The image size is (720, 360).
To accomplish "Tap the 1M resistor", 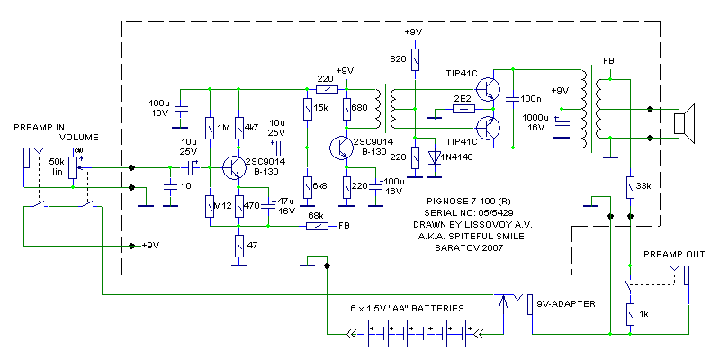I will click(209, 129).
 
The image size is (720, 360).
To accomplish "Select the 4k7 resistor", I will click(239, 129).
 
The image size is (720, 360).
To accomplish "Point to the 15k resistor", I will click(307, 110).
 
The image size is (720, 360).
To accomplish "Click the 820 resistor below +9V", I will click(415, 60).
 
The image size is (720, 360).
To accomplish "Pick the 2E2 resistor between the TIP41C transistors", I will click(463, 109).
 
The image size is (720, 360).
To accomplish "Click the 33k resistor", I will click(630, 186).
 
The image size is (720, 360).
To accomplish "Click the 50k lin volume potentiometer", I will click(72, 166).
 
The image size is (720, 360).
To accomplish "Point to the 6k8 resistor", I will click(307, 186).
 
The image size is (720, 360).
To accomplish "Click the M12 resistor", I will click(209, 206).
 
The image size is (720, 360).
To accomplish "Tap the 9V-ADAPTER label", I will click(564, 303).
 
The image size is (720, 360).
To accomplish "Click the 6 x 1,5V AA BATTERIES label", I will click(407, 308).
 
